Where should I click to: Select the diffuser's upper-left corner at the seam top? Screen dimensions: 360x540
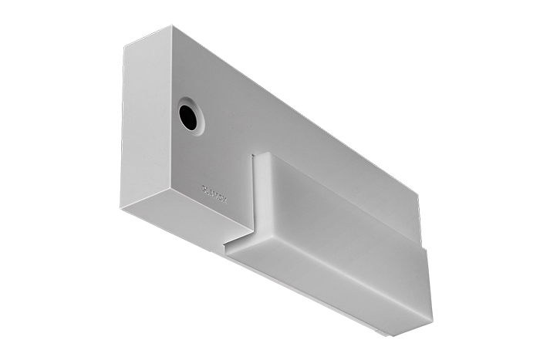[x=258, y=153]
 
